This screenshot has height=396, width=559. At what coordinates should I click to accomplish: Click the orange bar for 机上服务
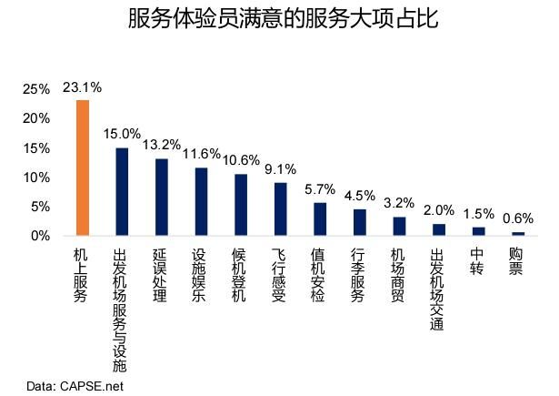click(83, 168)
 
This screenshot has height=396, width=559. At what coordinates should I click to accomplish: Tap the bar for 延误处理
click(162, 197)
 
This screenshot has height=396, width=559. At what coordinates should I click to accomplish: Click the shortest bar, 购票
click(518, 233)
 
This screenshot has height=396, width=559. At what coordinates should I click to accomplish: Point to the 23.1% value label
click(83, 87)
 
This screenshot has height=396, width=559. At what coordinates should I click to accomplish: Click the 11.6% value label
click(201, 156)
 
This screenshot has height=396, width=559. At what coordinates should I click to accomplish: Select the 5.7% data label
click(320, 189)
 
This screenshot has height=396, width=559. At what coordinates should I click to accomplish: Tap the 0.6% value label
click(518, 218)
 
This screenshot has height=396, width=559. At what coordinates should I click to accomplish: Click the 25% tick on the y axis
click(36, 89)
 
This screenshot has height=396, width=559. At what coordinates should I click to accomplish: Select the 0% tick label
click(40, 236)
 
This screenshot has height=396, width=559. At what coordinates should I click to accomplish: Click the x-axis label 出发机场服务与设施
click(121, 310)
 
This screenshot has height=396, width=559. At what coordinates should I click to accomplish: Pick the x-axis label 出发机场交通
click(438, 291)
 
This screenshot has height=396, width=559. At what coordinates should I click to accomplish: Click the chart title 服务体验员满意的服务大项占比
click(278, 19)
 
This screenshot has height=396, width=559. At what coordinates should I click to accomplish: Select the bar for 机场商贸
click(399, 226)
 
